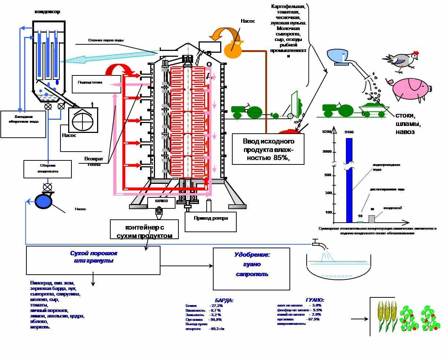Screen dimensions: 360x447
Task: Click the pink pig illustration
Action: (x=410, y=89)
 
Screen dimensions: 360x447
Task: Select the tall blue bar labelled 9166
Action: (x=349, y=179)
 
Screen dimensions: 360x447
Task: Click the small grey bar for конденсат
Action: (x=372, y=219)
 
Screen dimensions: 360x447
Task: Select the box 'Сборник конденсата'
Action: (x=48, y=169)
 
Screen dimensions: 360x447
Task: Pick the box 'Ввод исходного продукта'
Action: (x=268, y=149)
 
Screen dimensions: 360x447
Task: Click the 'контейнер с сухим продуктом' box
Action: (x=144, y=230)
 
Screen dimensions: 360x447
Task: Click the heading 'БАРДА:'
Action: (x=224, y=300)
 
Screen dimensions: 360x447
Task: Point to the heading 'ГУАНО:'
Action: (x=314, y=300)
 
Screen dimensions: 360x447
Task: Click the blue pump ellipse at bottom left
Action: (x=43, y=201)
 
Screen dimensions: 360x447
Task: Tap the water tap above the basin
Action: (x=316, y=243)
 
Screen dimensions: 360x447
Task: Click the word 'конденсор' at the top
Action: (x=47, y=12)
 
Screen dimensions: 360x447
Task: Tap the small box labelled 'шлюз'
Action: (x=161, y=201)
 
